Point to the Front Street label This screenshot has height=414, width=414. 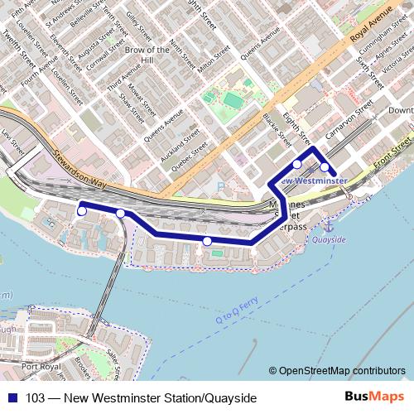tap(392, 156)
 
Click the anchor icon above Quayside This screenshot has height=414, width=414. tap(327, 224)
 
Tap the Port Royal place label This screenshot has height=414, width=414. tap(41, 365)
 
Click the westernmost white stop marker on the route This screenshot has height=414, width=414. tap(81, 212)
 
